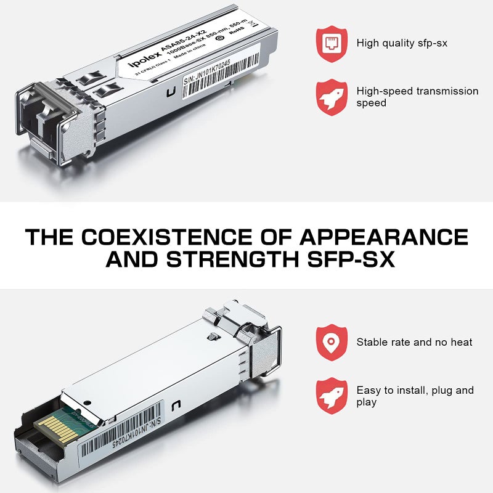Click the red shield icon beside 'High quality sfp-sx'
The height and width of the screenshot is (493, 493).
point(332,43)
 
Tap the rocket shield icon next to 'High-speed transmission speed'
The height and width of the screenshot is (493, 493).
point(332,97)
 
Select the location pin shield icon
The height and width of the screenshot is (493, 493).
point(332,341)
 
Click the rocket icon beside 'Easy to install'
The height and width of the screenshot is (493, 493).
point(332,396)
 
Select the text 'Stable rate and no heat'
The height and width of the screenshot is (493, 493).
point(414,341)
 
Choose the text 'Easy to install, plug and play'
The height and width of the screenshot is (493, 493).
point(415,396)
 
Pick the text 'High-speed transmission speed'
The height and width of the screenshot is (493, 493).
point(417,97)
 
